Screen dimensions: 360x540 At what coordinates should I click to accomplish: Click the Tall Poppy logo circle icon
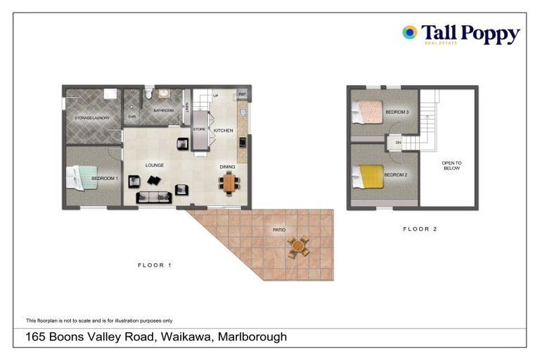pos(409,32)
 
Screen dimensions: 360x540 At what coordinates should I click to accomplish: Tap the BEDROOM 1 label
pos(105,179)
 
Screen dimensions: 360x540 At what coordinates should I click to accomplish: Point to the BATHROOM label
pos(163,110)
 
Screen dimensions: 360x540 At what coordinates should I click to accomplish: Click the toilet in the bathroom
pos(148,94)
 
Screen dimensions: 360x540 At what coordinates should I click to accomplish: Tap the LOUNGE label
pos(155,165)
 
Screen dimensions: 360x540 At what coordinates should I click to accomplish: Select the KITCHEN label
pos(223,131)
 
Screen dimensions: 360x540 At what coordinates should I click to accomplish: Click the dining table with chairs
pos(229,183)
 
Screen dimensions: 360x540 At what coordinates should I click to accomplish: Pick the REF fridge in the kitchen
pos(242,94)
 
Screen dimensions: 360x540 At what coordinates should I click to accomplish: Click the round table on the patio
pos(298,247)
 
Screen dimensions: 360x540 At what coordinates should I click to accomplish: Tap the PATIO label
pos(279,230)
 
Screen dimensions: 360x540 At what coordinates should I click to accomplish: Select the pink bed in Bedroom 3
pos(368,112)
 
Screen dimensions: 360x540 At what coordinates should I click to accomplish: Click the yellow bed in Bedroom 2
pos(371,176)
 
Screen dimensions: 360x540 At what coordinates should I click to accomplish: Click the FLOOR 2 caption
pos(420,229)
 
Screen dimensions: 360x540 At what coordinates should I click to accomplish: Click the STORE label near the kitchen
pos(199,130)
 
